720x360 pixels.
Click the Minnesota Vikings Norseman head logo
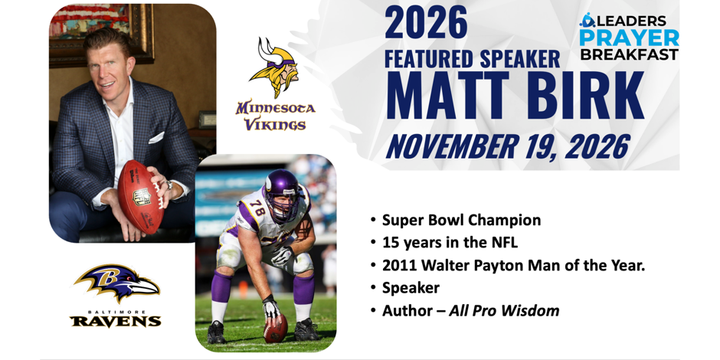tap(273, 67)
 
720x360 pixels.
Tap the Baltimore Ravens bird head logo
tap(116, 283)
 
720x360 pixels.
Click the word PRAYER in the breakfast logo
tap(629, 38)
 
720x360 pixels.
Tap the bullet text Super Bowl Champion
tap(461, 221)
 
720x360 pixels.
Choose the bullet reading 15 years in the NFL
tap(450, 243)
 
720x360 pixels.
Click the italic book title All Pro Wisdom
tap(504, 311)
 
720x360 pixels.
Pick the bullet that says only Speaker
tap(411, 288)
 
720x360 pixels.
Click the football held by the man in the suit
tap(140, 197)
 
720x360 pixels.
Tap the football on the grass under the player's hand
tap(276, 329)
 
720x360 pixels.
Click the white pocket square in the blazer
tap(156, 137)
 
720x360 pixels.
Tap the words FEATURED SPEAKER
tap(473, 59)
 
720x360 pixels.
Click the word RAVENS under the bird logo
tap(115, 321)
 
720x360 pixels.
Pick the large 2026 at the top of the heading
tap(426, 22)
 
